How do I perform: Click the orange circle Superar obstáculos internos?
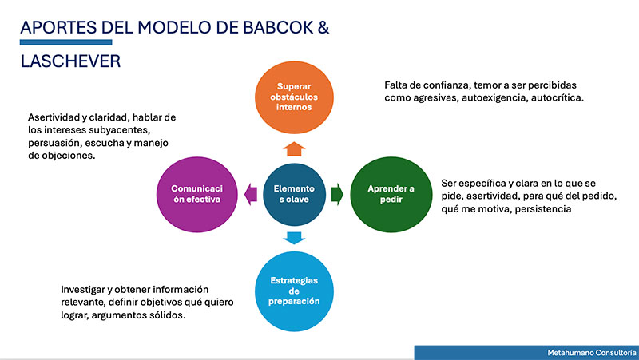click(x=294, y=97)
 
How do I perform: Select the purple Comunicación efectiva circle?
click(x=197, y=194)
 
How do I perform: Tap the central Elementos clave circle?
click(x=294, y=194)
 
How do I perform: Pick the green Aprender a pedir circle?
click(x=391, y=194)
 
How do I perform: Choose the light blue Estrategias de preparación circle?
click(x=294, y=291)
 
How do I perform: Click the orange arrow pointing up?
click(x=294, y=149)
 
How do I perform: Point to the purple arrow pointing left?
click(x=251, y=194)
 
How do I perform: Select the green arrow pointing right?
click(x=337, y=194)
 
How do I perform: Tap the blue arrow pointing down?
click(x=294, y=238)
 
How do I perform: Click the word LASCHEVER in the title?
click(x=70, y=61)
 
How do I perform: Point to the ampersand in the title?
click(x=323, y=27)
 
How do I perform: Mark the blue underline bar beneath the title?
click(x=66, y=42)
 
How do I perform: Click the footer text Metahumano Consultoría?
click(x=592, y=353)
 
